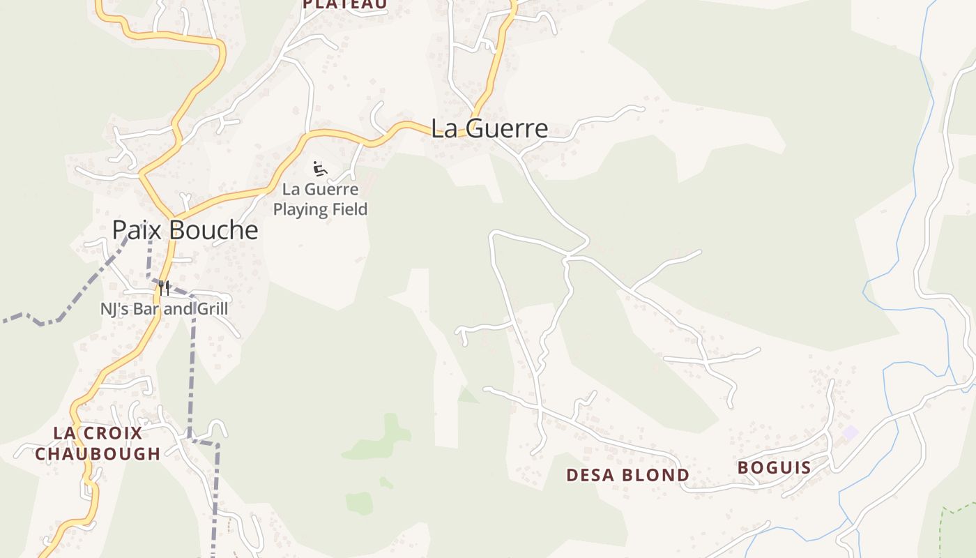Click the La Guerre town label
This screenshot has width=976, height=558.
(489, 129)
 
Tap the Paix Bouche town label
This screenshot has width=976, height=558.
(185, 230)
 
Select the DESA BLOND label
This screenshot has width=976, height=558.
(627, 476)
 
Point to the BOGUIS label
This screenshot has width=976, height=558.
(774, 468)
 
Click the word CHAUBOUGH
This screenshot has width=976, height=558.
(98, 454)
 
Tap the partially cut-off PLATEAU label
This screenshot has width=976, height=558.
(345, 4)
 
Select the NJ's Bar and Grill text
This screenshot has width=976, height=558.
(164, 308)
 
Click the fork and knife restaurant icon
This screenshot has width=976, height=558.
(164, 287)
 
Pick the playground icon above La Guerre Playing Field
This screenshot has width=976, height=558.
(320, 169)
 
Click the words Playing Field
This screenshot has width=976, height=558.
(320, 209)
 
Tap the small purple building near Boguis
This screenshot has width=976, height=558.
(849, 432)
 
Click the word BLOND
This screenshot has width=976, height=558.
(659, 476)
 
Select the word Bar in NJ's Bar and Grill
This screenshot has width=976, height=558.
(148, 308)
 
